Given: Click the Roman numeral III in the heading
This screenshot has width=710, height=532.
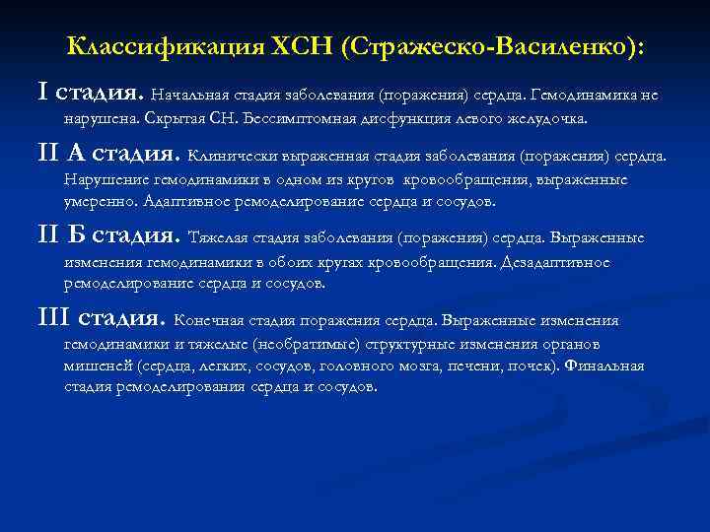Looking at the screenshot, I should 52,317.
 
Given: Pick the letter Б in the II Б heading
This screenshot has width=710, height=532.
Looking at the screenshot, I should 81,235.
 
